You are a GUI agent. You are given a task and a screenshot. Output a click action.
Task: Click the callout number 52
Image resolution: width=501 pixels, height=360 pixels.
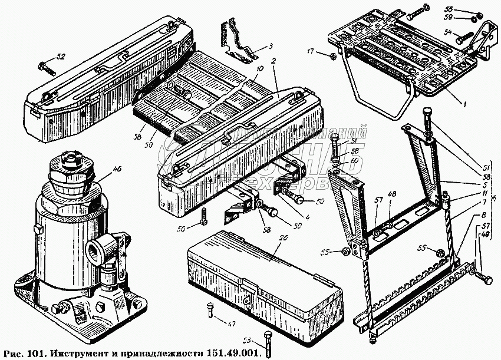[x=61, y=57]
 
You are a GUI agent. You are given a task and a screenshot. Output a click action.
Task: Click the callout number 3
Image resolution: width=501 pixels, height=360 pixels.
[x=270, y=47]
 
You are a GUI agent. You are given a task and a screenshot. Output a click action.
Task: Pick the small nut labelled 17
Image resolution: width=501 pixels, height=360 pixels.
[x=332, y=57]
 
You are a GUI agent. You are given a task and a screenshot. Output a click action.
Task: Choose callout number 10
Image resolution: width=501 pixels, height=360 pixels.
[x=259, y=69]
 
